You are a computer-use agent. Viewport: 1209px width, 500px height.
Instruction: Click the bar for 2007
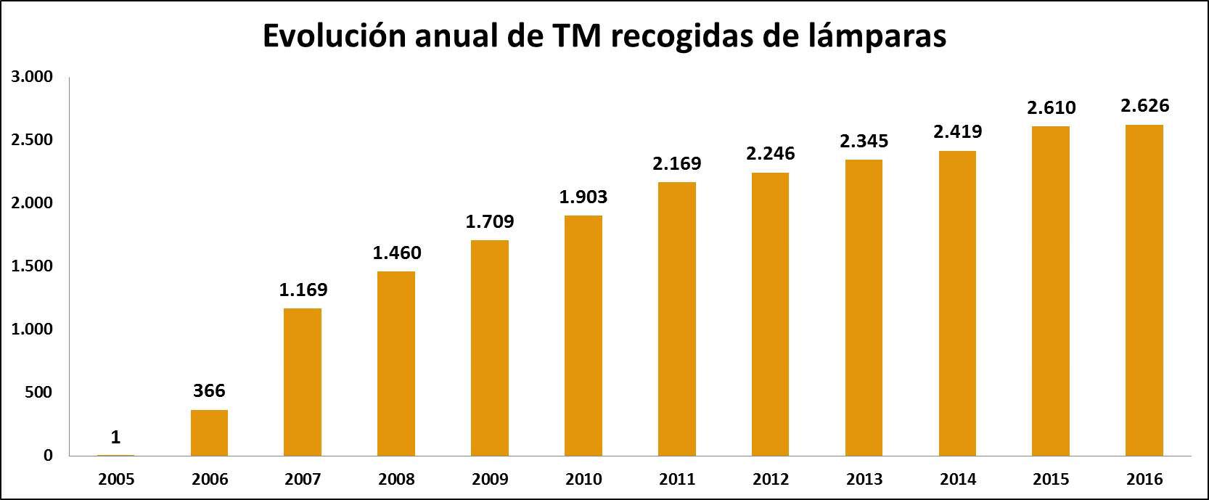click(x=303, y=382)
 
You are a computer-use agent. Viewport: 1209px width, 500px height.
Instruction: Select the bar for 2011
click(x=676, y=319)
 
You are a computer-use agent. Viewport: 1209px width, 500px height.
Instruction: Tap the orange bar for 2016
click(x=1144, y=290)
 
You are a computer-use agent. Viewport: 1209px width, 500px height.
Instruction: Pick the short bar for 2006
click(x=209, y=433)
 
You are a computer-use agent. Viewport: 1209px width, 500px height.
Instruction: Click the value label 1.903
click(x=583, y=197)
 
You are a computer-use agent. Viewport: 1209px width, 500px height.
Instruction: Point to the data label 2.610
click(x=1051, y=108)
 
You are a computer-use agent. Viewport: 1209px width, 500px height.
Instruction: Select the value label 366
click(x=209, y=391)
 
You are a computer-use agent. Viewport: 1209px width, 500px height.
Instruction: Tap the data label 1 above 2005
click(x=115, y=438)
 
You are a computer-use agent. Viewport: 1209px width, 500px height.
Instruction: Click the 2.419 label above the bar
click(x=957, y=132)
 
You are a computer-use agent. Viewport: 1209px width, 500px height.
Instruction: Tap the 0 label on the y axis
click(x=48, y=456)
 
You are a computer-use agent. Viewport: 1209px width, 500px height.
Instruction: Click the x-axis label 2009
click(x=490, y=480)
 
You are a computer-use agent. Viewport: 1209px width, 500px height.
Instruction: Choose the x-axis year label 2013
click(x=864, y=480)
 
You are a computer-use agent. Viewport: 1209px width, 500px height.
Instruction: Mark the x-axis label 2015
click(x=1051, y=480)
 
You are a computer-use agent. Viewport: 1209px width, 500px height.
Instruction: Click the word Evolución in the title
click(x=334, y=36)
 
